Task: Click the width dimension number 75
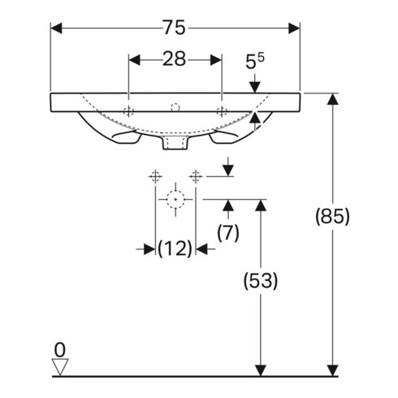[x=175, y=28]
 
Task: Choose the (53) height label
[x=260, y=281]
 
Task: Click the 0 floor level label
[x=59, y=350]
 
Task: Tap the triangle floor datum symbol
[x=59, y=367]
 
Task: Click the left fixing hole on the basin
[x=128, y=110]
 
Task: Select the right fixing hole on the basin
[x=221, y=110]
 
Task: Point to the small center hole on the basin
[x=175, y=107]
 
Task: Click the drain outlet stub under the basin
[x=175, y=144]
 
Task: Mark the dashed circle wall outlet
[x=174, y=198]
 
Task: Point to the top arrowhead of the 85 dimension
[x=331, y=98]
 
